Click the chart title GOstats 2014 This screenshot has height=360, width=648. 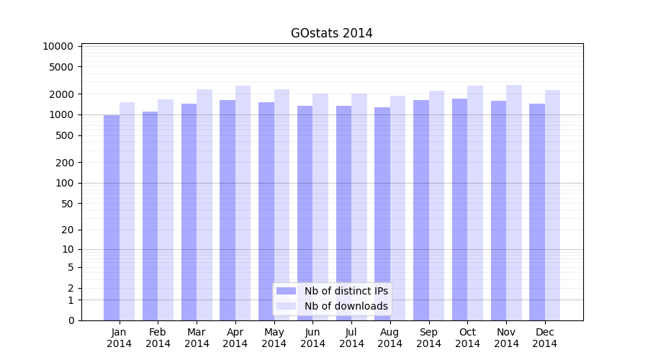coord(331,33)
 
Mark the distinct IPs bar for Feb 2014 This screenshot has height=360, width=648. coord(150,216)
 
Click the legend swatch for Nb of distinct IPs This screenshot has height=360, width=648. coord(287,291)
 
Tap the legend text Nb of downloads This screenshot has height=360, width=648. coord(346,306)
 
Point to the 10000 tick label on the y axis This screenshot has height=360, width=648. coord(58,46)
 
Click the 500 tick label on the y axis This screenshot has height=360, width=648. coord(64,135)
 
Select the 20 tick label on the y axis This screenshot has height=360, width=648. coord(67,230)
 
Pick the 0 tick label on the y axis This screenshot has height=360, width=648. coord(71,320)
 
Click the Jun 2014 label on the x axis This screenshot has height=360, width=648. coord(312,338)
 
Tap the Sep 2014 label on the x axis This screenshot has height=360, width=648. coord(428,338)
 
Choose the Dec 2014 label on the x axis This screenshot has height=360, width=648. coord(545,338)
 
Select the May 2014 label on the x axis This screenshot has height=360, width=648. coord(274,338)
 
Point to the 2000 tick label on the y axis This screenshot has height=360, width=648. coord(60,94)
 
